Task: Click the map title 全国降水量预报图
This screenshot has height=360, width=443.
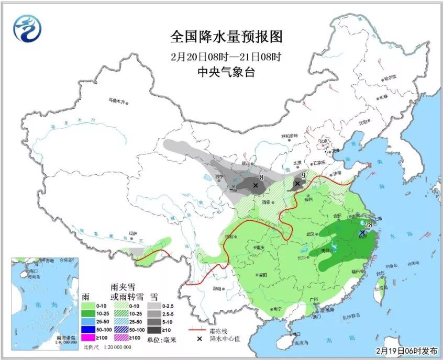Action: coord(226,37)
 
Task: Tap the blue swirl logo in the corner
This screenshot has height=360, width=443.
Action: coord(27,28)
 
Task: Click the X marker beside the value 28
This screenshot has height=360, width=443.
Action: coord(362,232)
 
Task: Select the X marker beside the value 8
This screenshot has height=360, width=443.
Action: coord(256,185)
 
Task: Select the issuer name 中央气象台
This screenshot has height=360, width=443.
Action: coord(226,72)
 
